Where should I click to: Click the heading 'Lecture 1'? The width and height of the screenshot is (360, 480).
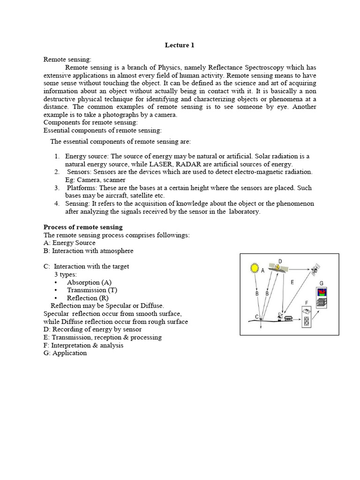point(179,45)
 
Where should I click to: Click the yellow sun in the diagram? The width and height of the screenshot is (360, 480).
point(255,268)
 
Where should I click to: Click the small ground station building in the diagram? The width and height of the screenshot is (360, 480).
point(294,318)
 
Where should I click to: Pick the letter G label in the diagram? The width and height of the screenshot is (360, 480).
point(321,283)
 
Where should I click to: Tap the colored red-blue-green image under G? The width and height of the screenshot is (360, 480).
point(322,292)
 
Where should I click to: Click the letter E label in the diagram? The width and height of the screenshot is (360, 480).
point(292,282)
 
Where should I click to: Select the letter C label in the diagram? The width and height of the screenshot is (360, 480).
point(256,317)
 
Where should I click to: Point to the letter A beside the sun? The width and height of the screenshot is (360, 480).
point(262,270)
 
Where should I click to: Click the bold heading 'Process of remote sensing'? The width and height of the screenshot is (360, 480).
point(83,227)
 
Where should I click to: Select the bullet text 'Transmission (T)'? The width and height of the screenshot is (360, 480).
point(92,290)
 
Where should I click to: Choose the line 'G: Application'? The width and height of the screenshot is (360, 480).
point(65,353)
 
